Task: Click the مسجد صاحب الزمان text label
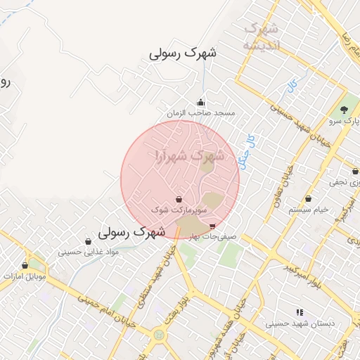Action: click(201, 112)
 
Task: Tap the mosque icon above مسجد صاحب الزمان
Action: click(201, 102)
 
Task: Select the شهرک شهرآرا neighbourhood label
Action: click(188, 155)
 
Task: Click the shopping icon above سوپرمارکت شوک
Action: click(179, 200)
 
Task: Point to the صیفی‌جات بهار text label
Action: click(214, 236)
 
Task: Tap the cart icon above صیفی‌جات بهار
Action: click(213, 226)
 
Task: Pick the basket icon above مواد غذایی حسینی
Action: click(88, 241)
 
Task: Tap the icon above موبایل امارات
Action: click(26, 266)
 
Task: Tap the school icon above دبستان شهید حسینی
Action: click(300, 312)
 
